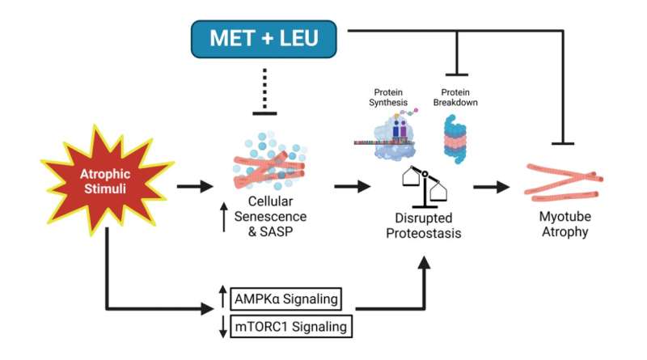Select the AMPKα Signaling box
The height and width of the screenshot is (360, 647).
pos(285,299)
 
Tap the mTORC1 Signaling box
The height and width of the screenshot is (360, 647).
pos(285,327)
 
